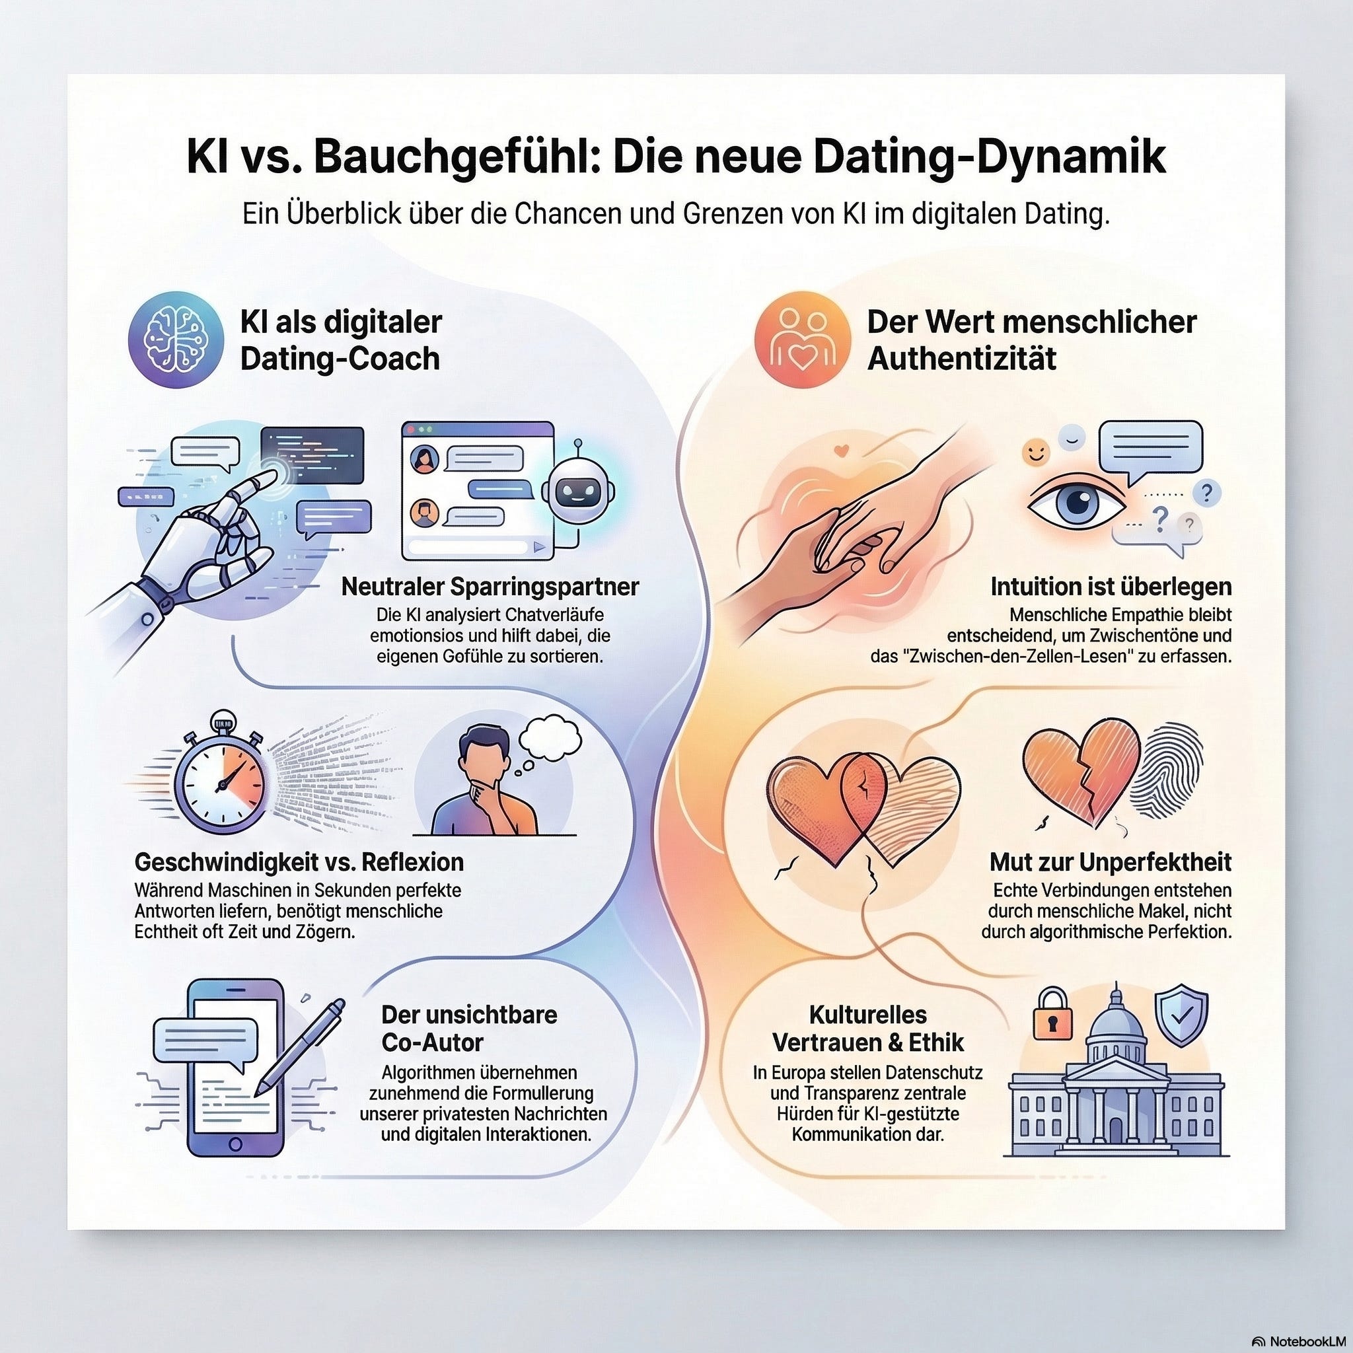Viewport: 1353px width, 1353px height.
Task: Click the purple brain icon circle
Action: click(175, 340)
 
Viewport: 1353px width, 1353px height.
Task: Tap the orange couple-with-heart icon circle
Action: click(803, 340)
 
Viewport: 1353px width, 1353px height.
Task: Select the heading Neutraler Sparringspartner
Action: click(490, 586)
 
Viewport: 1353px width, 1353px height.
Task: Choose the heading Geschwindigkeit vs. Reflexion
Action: click(299, 861)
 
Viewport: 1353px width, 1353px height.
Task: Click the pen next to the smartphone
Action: click(301, 1047)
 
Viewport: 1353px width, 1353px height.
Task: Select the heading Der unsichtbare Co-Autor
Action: click(469, 1028)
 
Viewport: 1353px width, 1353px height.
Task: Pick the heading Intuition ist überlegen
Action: click(1111, 586)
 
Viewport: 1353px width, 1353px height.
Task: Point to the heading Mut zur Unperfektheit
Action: click(1110, 861)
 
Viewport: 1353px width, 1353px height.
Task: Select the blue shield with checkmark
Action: click(1181, 1015)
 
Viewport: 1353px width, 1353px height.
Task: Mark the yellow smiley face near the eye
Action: click(1035, 452)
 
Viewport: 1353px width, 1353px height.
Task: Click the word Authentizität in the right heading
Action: click(961, 359)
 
